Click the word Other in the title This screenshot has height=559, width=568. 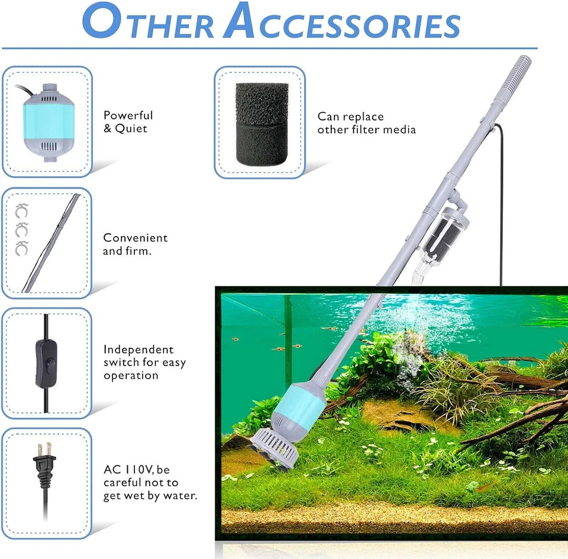point(147,24)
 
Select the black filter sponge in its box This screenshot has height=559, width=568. point(262,123)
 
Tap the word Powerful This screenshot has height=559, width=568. point(128,115)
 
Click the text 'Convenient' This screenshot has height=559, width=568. point(135,238)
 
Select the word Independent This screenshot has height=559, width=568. point(138,350)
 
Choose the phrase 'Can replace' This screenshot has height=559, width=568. point(350,117)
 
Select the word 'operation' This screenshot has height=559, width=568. point(131,376)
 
